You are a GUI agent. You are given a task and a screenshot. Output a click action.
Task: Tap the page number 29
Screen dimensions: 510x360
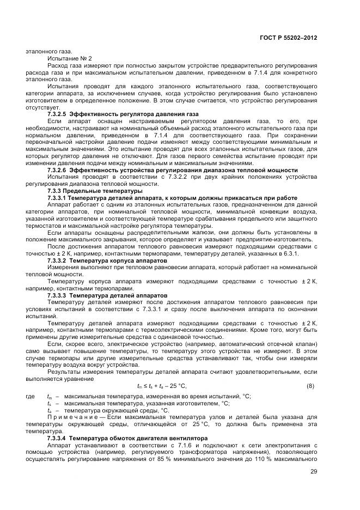pyautogui.click(x=314, y=472)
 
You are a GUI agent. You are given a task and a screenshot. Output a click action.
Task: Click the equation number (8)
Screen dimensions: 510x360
pyautogui.click(x=310, y=386)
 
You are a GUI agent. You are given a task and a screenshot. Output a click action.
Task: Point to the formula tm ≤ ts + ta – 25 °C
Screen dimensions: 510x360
pyautogui.click(x=162, y=386)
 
